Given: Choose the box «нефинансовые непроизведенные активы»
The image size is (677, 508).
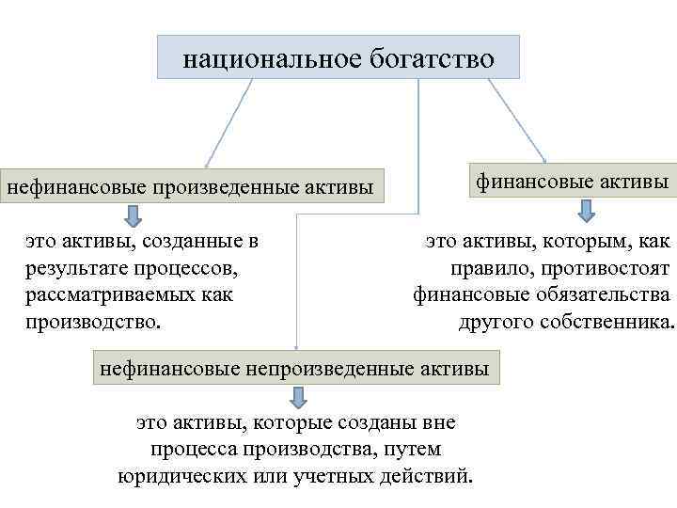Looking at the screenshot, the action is [x=295, y=368].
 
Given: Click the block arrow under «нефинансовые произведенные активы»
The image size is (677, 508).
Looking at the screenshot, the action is [x=135, y=214].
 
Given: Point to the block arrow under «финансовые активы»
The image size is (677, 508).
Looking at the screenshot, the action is [x=566, y=210].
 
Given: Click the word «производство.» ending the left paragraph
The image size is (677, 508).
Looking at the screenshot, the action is [x=94, y=323].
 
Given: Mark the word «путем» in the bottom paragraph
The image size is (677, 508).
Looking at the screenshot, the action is [x=415, y=448].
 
